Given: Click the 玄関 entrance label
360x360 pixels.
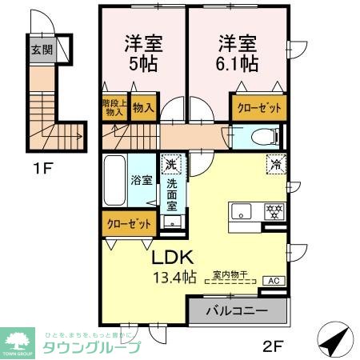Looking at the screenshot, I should point(42,49).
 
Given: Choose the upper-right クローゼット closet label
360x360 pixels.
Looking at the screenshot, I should point(258,108).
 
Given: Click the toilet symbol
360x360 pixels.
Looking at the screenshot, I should point(261,137).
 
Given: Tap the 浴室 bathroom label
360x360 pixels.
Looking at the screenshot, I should point(142,180).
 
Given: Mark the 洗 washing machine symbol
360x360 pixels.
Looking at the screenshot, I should point(170,165).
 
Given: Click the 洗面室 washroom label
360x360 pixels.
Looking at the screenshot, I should point(172,194).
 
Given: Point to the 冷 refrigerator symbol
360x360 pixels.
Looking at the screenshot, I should point(275,165).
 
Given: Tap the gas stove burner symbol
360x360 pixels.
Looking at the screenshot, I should point(273,213).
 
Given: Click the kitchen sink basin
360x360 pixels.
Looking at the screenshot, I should point(242,213).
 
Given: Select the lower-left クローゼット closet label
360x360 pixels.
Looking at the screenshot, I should point(128,224).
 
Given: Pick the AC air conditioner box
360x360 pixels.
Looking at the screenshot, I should point(272,281).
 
